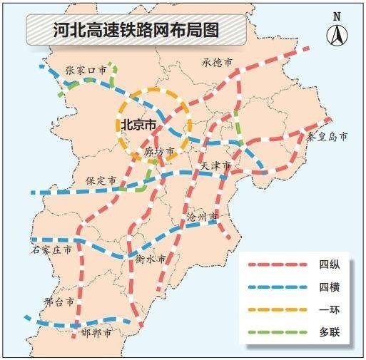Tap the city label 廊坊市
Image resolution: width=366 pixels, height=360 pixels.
click(159, 151)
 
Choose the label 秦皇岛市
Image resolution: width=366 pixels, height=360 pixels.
click(327, 135)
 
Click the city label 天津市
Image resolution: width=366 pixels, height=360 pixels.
click(215, 166)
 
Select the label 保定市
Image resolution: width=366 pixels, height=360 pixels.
click(101, 181)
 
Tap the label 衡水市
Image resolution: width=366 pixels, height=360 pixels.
click(151, 259)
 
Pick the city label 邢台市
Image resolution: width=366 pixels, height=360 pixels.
click(59, 302)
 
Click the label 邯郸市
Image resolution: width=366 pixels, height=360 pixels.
click(96, 333)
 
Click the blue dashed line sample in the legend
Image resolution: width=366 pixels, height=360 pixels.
click(277, 287)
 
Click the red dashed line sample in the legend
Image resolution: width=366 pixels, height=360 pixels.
click(277, 265)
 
